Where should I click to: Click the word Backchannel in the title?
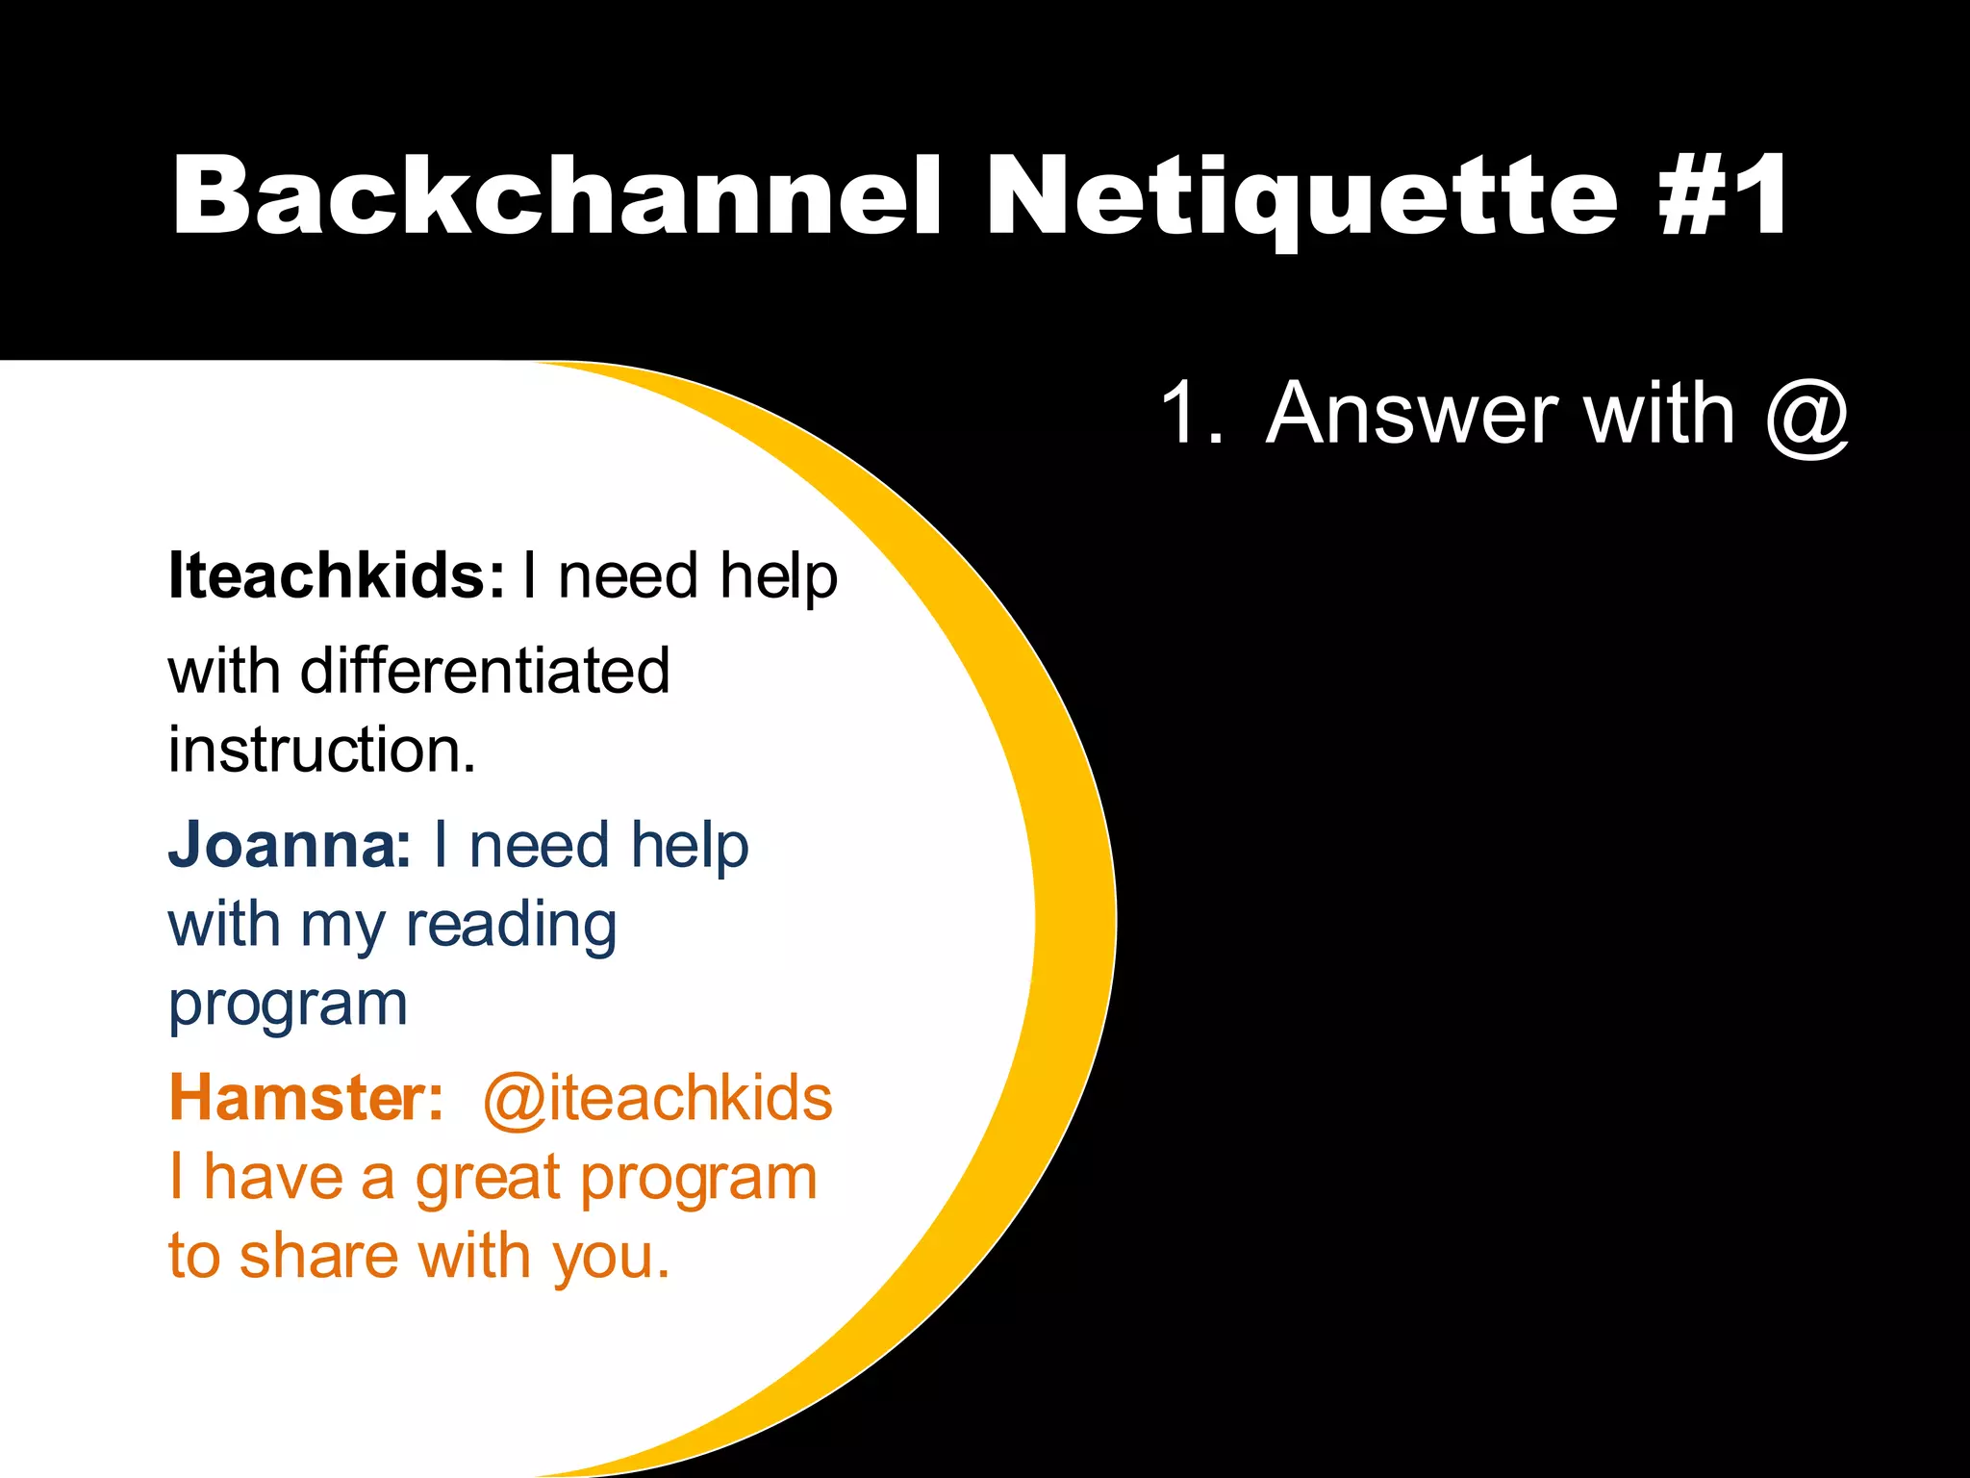(x=556, y=195)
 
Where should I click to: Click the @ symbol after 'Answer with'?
(x=1806, y=415)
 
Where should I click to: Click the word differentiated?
(x=485, y=671)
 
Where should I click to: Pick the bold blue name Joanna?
(x=290, y=845)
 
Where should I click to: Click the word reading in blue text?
(x=511, y=926)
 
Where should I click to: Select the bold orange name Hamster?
(x=306, y=1098)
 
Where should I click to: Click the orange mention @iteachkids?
(x=657, y=1098)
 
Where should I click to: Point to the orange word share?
(x=318, y=1257)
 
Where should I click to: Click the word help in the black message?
(x=778, y=577)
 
